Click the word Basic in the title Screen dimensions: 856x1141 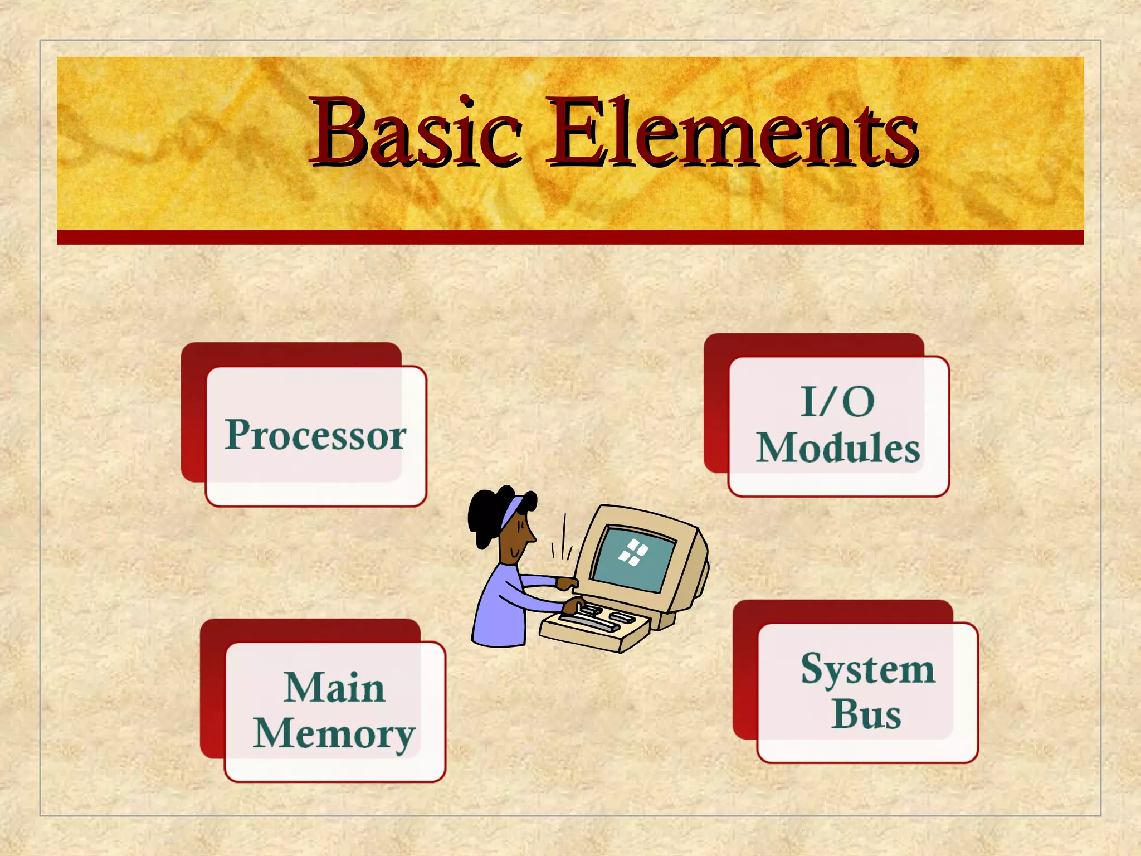pos(416,133)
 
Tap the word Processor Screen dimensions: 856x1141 pos(316,435)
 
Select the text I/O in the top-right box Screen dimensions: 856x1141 pos(837,401)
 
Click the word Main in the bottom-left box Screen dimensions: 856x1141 pos(334,687)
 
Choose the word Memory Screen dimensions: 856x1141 pos(334,734)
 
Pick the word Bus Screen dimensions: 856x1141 pos(866,714)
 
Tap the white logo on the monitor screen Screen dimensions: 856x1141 pos(633,552)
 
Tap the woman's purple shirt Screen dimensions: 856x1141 pos(501,607)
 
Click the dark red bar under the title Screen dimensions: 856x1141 pos(570,237)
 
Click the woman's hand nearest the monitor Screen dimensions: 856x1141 pos(568,583)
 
